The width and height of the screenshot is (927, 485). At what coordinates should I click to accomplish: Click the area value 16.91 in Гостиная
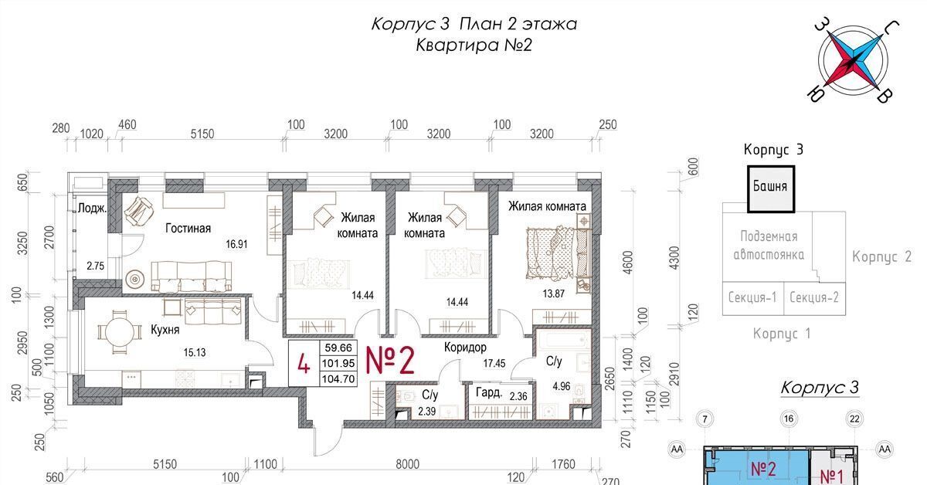236,244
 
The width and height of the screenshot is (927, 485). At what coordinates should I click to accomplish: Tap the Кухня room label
165,330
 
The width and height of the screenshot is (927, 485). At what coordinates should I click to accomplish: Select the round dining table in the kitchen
120,332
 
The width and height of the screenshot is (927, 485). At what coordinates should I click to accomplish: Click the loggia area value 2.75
95,266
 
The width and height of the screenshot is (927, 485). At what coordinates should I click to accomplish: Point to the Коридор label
465,347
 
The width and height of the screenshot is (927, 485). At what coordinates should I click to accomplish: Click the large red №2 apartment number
390,361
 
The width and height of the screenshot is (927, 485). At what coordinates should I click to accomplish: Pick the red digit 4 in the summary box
304,365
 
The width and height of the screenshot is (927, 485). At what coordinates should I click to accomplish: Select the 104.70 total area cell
338,378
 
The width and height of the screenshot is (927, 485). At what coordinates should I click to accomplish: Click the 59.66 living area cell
338,348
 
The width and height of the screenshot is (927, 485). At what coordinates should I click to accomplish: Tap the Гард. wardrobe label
489,392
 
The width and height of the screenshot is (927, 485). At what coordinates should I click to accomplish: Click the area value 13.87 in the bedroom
553,293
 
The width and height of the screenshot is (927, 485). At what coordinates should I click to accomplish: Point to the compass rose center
854,61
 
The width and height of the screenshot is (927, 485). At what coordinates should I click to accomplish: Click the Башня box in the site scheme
771,189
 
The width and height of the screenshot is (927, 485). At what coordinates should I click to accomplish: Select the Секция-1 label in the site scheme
752,297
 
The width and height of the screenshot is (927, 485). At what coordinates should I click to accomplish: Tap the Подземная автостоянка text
769,245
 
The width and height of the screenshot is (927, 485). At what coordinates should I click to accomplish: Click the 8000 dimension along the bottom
407,464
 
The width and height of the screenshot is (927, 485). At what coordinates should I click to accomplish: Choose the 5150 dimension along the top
202,134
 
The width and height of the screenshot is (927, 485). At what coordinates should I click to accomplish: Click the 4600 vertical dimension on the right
628,263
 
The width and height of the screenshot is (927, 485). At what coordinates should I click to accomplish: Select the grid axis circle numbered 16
789,419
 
